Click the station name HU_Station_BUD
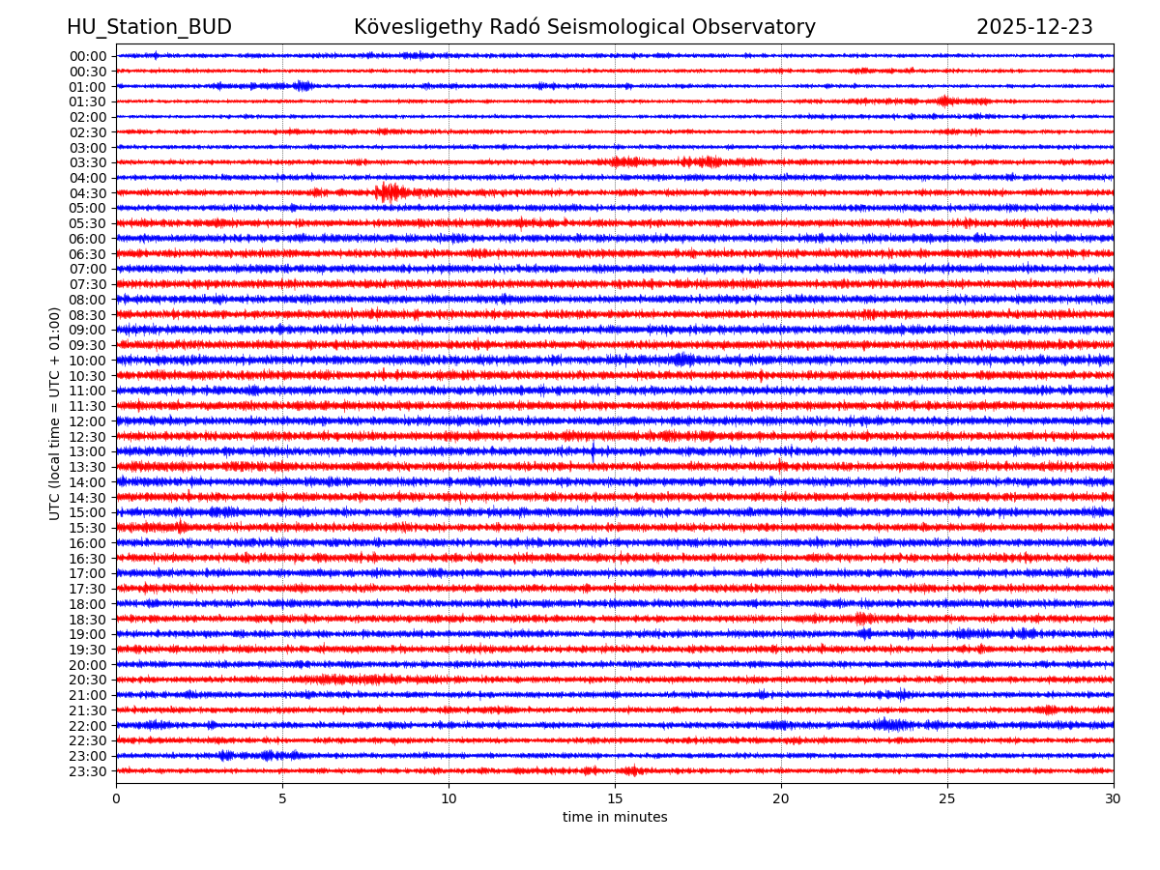tap(149, 27)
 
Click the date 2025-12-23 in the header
tap(1034, 27)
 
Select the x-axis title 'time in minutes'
tap(615, 817)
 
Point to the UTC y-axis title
tap(55, 413)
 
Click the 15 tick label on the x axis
tap(615, 799)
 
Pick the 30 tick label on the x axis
tap(1113, 799)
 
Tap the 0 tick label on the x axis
tap(116, 799)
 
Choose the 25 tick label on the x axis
tap(947, 799)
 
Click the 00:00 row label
tap(88, 56)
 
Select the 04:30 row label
tap(88, 193)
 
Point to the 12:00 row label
tap(88, 421)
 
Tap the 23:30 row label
tap(88, 771)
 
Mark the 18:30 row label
tap(88, 620)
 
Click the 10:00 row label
tap(88, 361)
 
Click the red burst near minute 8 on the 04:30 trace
tap(389, 192)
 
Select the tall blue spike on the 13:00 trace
tap(594, 450)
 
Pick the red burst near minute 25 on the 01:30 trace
tap(945, 101)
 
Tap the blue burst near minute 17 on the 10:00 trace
tap(683, 360)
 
